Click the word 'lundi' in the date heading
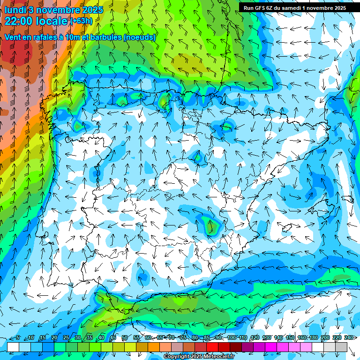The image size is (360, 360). click(x=15, y=9)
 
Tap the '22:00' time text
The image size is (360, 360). click(x=19, y=21)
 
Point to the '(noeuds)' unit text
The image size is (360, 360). click(x=140, y=37)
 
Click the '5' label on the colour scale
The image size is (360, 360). click(x=18, y=338)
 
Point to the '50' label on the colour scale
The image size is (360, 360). click(x=124, y=338)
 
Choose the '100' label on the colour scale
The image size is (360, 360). click(x=232, y=338)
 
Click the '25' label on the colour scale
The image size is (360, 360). click(x=66, y=338)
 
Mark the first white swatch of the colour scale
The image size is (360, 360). click(x=13, y=347)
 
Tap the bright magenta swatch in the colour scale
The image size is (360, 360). click(x=271, y=347)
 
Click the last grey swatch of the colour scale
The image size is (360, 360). click(x=341, y=347)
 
